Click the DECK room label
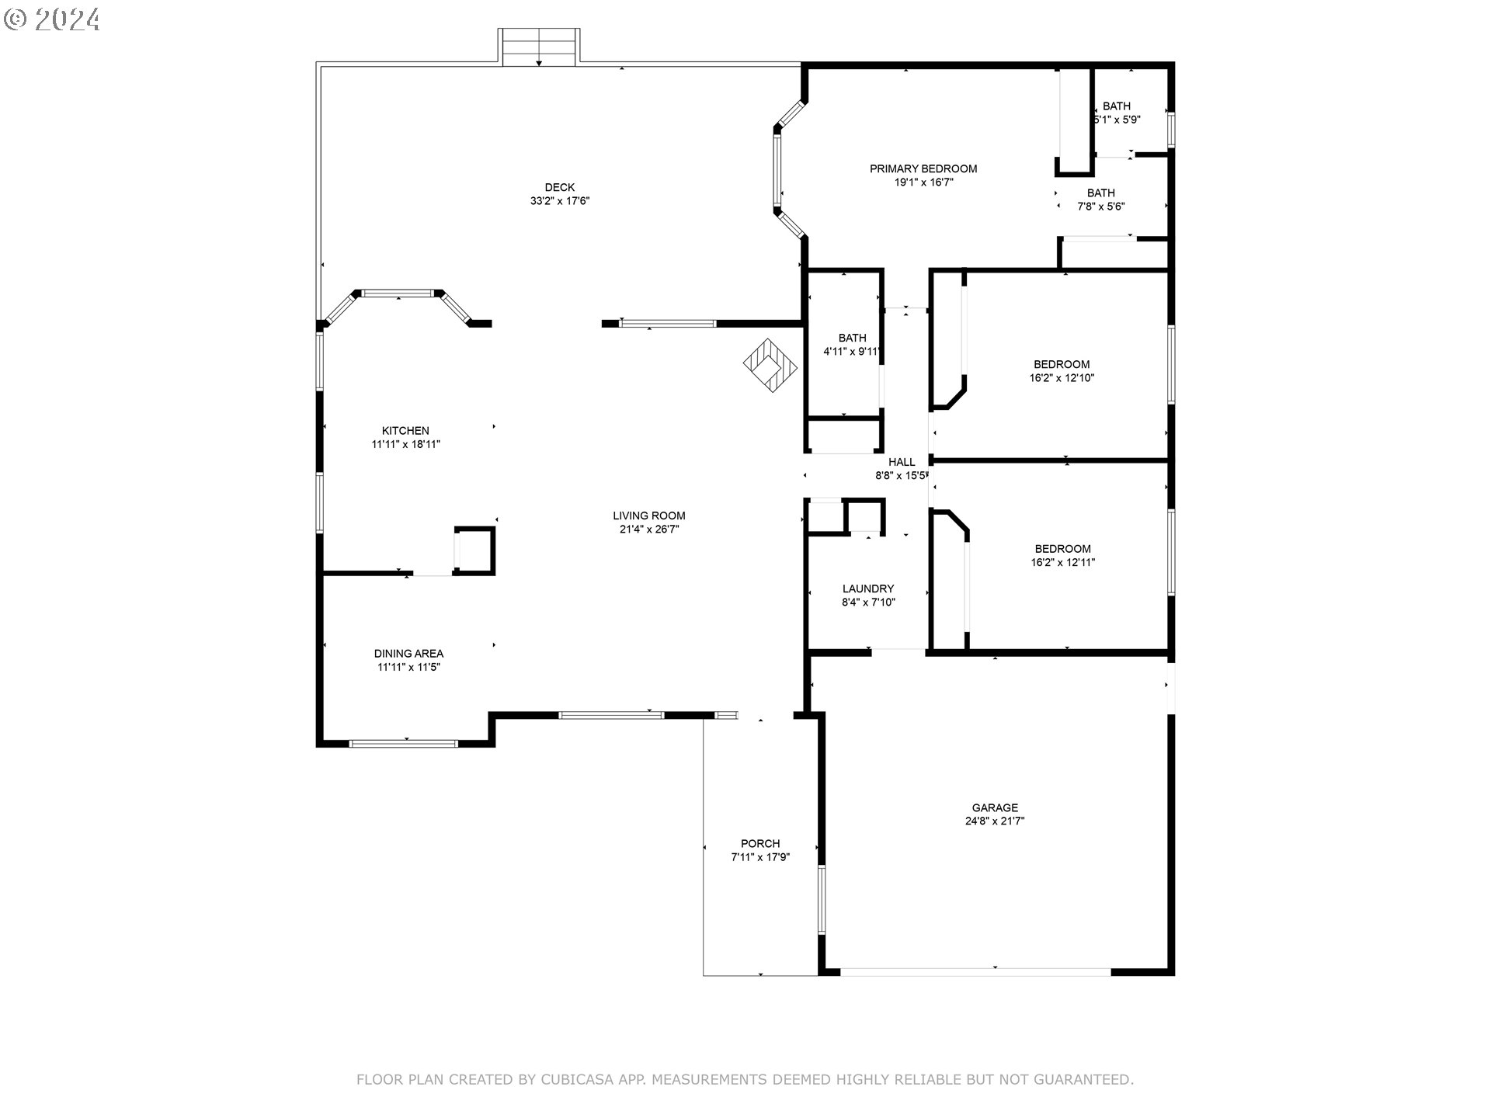[559, 187]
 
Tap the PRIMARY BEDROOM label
[923, 168]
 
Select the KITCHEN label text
[405, 431]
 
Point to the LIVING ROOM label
[649, 516]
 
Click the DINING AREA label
[408, 654]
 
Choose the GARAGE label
[995, 807]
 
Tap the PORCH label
[760, 843]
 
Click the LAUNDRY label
[868, 589]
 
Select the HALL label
[902, 462]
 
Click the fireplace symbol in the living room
[770, 364]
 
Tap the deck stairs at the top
[539, 46]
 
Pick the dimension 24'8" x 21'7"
[995, 821]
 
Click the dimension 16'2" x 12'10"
[1062, 378]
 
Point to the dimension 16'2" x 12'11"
[1062, 562]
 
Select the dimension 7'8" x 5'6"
[1101, 207]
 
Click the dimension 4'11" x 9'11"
[852, 352]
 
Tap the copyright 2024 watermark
[52, 19]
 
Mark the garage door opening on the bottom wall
[976, 970]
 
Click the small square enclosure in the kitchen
[474, 550]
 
